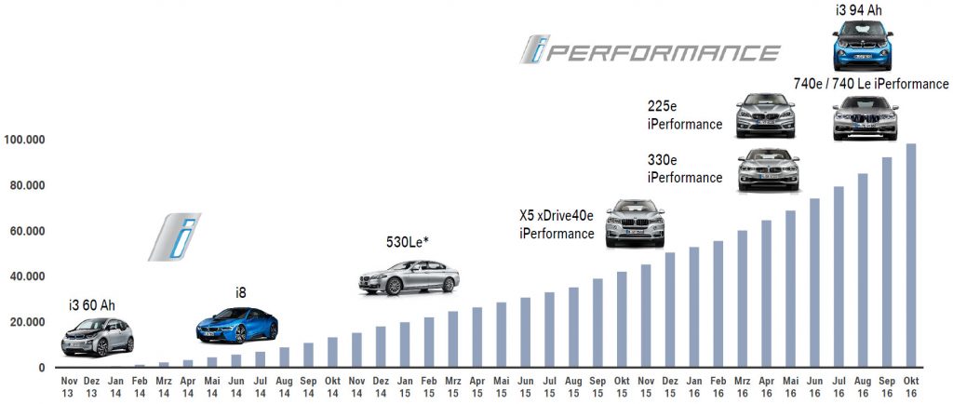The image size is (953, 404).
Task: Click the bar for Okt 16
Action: tap(911, 256)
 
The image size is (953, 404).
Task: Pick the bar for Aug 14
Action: tap(285, 357)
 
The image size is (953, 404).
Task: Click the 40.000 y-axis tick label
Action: tap(28, 276)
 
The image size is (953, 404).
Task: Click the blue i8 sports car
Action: tap(237, 325)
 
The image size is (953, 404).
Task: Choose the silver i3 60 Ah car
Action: tap(98, 336)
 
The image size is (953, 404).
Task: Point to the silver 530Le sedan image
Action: tap(409, 277)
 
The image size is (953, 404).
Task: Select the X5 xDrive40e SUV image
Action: tap(636, 223)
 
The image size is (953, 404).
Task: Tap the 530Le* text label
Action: tap(408, 243)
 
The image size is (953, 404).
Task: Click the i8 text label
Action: tap(240, 293)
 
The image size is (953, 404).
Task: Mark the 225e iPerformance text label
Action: tap(685, 115)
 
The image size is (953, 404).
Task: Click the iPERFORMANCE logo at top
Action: tap(649, 50)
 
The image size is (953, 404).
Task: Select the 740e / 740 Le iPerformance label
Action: tap(871, 85)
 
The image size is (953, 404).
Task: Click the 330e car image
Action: tap(768, 169)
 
